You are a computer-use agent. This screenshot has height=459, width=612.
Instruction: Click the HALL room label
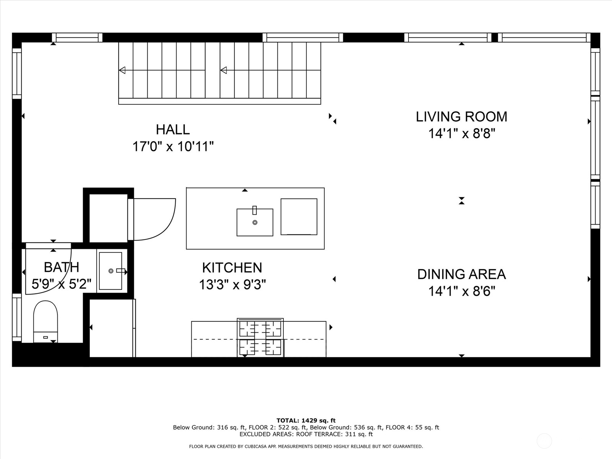[x=173, y=129]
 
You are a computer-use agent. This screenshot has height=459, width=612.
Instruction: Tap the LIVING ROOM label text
[x=461, y=117]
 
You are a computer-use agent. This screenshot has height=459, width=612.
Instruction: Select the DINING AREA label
[x=461, y=274]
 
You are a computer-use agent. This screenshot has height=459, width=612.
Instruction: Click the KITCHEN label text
[x=232, y=268]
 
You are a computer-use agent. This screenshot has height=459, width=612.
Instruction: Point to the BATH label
[x=61, y=267]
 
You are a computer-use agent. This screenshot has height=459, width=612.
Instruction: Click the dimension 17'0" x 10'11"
[x=173, y=146]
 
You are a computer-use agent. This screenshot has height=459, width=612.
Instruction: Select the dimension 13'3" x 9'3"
[x=232, y=285]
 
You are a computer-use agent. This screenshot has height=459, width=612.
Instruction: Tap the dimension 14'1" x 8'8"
[x=461, y=133]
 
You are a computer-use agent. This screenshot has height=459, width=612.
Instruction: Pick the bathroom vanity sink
[x=111, y=271]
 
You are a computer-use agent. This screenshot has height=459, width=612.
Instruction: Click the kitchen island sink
[x=255, y=222]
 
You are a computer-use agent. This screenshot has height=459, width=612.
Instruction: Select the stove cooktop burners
[x=260, y=338]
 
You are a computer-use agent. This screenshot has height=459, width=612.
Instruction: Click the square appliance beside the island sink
[x=299, y=216]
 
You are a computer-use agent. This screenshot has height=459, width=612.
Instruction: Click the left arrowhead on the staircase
[x=122, y=70]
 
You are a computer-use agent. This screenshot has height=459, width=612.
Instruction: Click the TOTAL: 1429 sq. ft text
[x=306, y=420]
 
